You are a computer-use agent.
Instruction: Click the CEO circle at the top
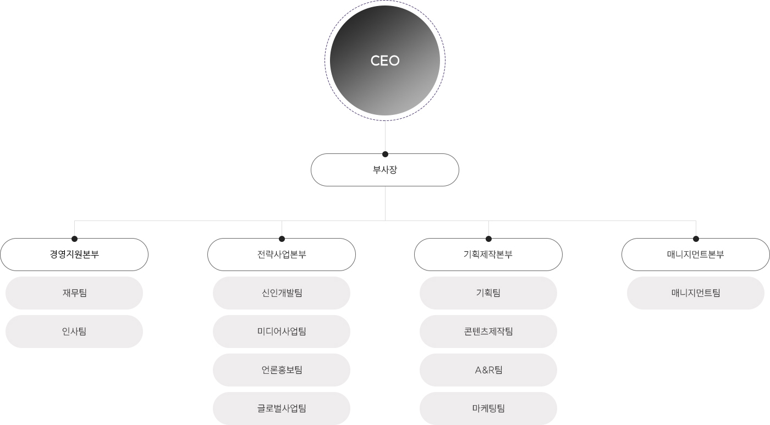(385, 60)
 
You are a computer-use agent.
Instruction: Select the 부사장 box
(385, 170)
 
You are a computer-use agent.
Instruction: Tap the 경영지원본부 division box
(74, 255)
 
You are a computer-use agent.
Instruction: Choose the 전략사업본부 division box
(282, 255)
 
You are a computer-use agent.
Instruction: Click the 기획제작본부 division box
(488, 255)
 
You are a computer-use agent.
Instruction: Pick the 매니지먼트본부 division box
(696, 255)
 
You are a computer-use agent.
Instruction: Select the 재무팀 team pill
(74, 293)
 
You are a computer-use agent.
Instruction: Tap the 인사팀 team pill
(74, 332)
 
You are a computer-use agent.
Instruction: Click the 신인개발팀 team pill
(282, 293)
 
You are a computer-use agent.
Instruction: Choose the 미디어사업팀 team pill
(282, 332)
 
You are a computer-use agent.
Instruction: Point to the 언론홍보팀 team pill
(282, 370)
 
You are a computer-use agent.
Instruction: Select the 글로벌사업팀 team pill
(282, 409)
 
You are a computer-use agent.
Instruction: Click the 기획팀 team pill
(488, 293)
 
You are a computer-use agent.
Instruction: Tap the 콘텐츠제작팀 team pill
(488, 332)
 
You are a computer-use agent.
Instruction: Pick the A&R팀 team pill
(488, 370)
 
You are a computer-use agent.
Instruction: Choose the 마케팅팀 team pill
(488, 409)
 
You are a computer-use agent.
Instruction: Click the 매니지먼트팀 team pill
(696, 293)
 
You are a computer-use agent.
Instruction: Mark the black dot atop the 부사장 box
(385, 154)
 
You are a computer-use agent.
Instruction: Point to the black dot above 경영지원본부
(74, 239)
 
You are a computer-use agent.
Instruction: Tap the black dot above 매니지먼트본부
(696, 239)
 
